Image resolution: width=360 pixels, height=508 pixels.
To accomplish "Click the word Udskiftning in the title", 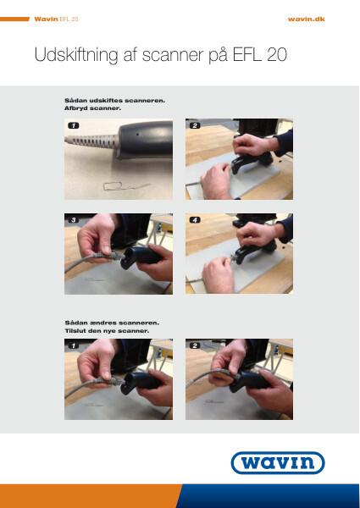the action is click(x=76, y=55).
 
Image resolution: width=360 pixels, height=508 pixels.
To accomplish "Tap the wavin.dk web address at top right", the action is click(x=306, y=19).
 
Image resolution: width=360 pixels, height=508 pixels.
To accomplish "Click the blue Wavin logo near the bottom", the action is click(x=278, y=462).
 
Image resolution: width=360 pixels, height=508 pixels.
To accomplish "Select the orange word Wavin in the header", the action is click(x=46, y=19).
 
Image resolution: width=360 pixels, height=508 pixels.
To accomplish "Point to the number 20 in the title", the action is click(x=277, y=55).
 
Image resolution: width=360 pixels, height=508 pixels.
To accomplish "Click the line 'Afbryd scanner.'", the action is click(x=92, y=108).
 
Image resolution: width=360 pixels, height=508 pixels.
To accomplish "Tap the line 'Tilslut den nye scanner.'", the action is click(x=107, y=331).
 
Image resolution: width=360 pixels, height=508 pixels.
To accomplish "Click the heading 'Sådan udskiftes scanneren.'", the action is click(x=114, y=101).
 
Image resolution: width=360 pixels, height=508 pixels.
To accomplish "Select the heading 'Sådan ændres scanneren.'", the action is click(x=112, y=323).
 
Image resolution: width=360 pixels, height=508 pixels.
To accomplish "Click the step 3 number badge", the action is click(x=73, y=220).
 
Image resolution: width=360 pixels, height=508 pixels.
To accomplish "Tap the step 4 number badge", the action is click(x=195, y=220).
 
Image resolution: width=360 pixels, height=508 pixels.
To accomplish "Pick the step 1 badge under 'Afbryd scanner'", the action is click(x=73, y=125).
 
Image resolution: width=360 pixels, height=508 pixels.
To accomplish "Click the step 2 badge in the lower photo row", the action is click(x=195, y=345).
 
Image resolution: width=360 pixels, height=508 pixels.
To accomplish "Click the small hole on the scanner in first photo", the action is click(x=137, y=133).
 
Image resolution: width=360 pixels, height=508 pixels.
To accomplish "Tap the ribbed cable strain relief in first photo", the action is click(x=92, y=141).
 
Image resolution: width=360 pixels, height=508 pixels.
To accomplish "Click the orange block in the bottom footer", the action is click(x=91, y=496).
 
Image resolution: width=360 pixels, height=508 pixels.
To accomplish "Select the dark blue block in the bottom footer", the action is click(x=269, y=496).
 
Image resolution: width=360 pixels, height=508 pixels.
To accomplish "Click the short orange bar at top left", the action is click(x=14, y=19).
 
